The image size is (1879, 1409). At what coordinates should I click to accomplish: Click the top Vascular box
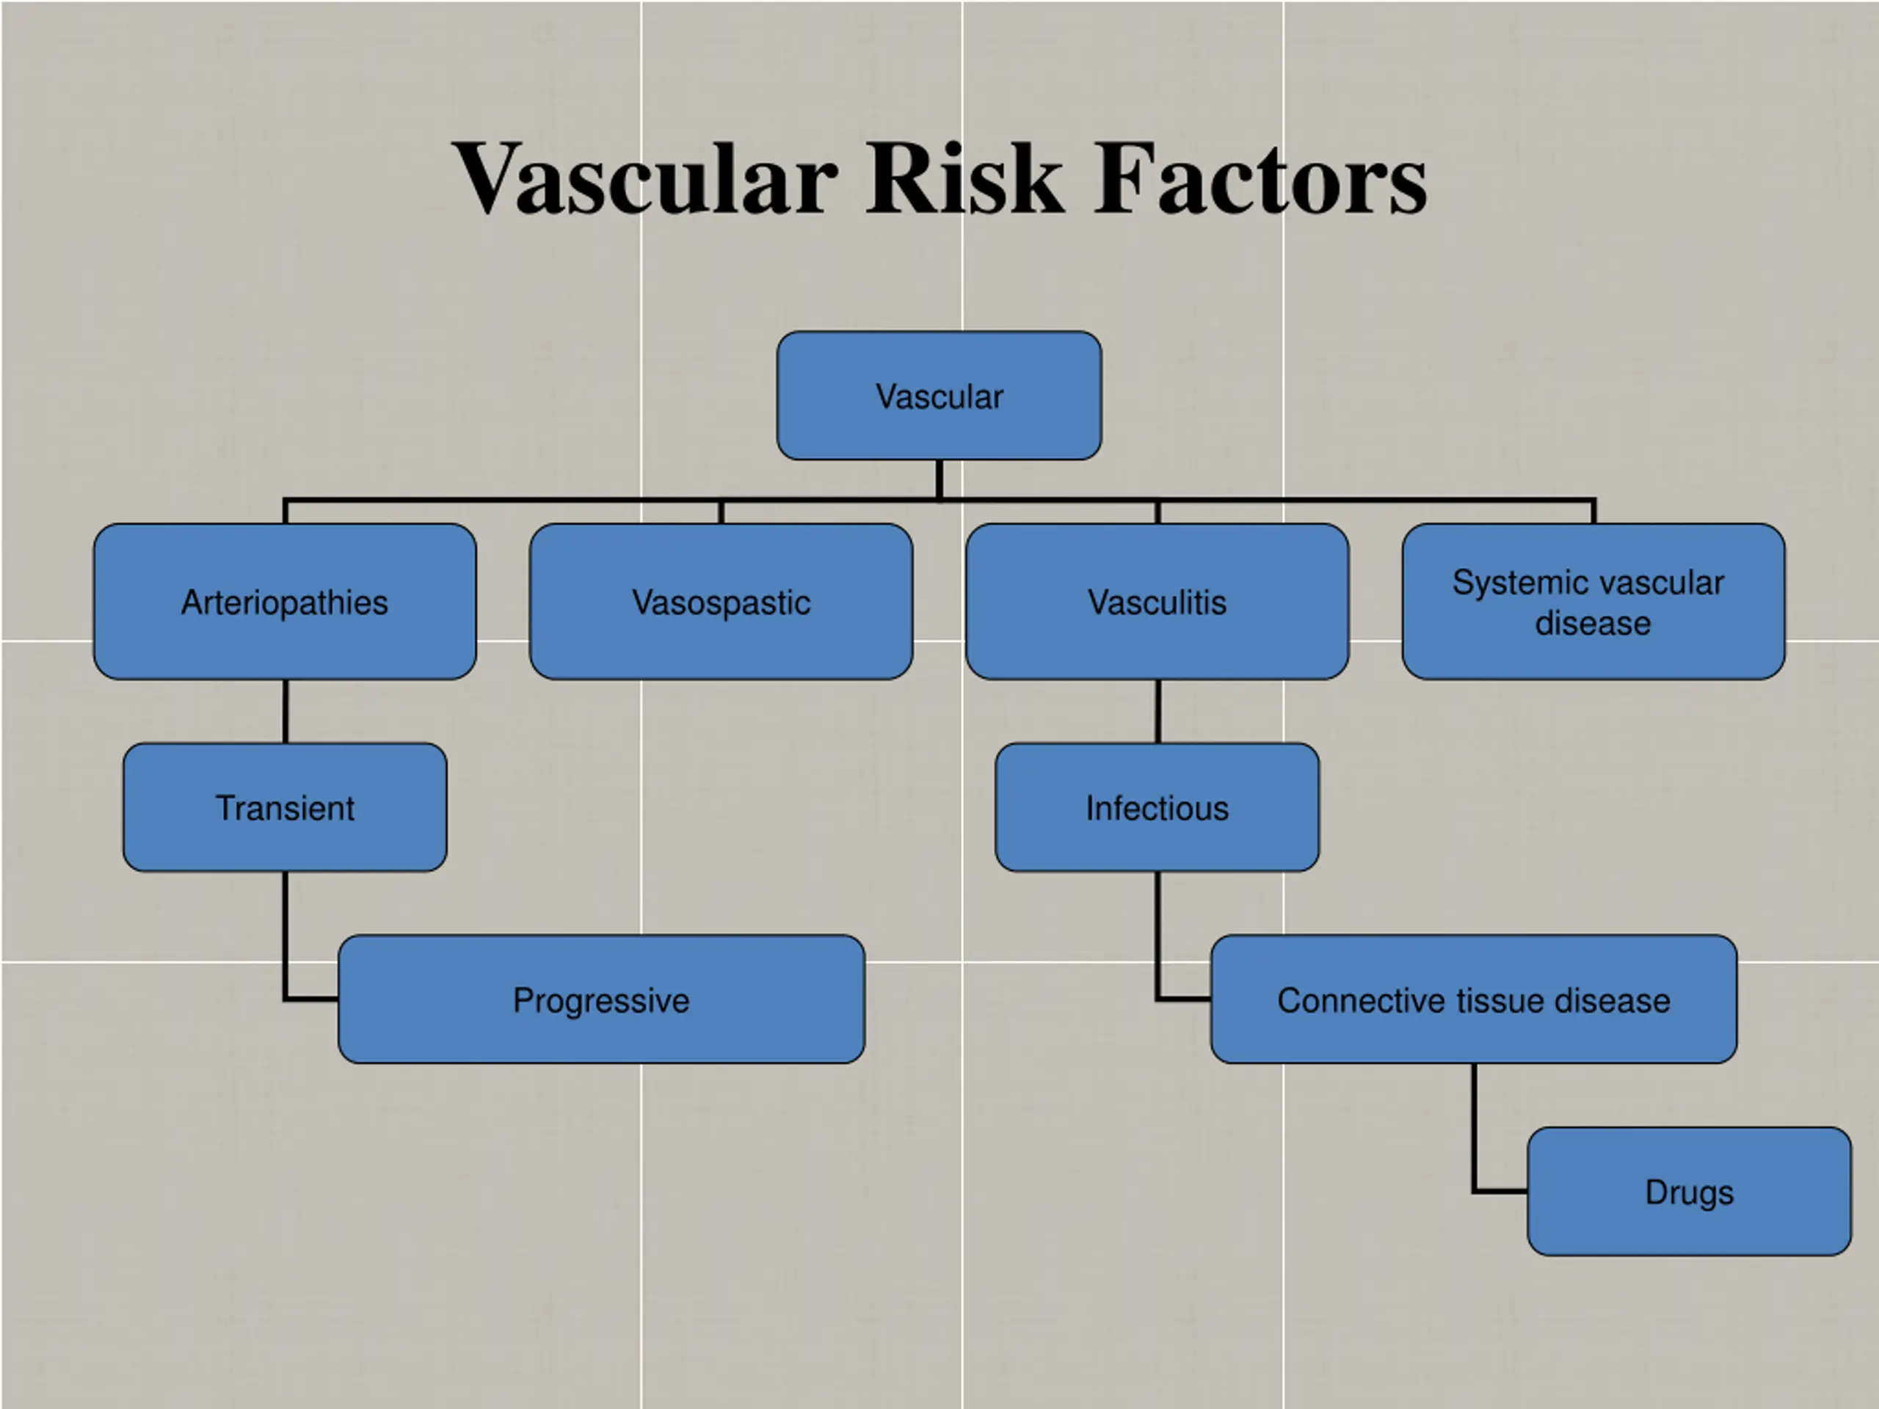pyautogui.click(x=939, y=396)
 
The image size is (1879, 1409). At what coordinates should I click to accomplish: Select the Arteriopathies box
pyautogui.click(x=285, y=601)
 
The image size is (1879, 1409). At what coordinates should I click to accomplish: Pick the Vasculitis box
pyautogui.click(x=1157, y=601)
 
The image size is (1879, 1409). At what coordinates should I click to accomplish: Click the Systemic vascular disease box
pyautogui.click(x=1593, y=601)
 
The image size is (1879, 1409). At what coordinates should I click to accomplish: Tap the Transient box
pyautogui.click(x=285, y=807)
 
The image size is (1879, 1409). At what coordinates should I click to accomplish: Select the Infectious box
pyautogui.click(x=1157, y=807)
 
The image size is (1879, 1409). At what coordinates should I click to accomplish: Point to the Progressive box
pyautogui.click(x=601, y=999)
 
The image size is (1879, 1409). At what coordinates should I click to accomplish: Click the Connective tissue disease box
pyautogui.click(x=1474, y=999)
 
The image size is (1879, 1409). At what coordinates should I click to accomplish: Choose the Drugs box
pyautogui.click(x=1689, y=1191)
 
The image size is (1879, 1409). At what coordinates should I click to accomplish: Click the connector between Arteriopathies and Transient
pyautogui.click(x=285, y=711)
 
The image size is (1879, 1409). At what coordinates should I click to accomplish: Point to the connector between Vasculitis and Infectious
pyautogui.click(x=1157, y=711)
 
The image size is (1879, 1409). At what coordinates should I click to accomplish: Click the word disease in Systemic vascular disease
pyautogui.click(x=1593, y=623)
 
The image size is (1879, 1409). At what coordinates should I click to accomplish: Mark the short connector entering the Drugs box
pyautogui.click(x=1500, y=1191)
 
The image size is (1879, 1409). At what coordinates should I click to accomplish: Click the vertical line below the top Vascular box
pyautogui.click(x=939, y=478)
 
